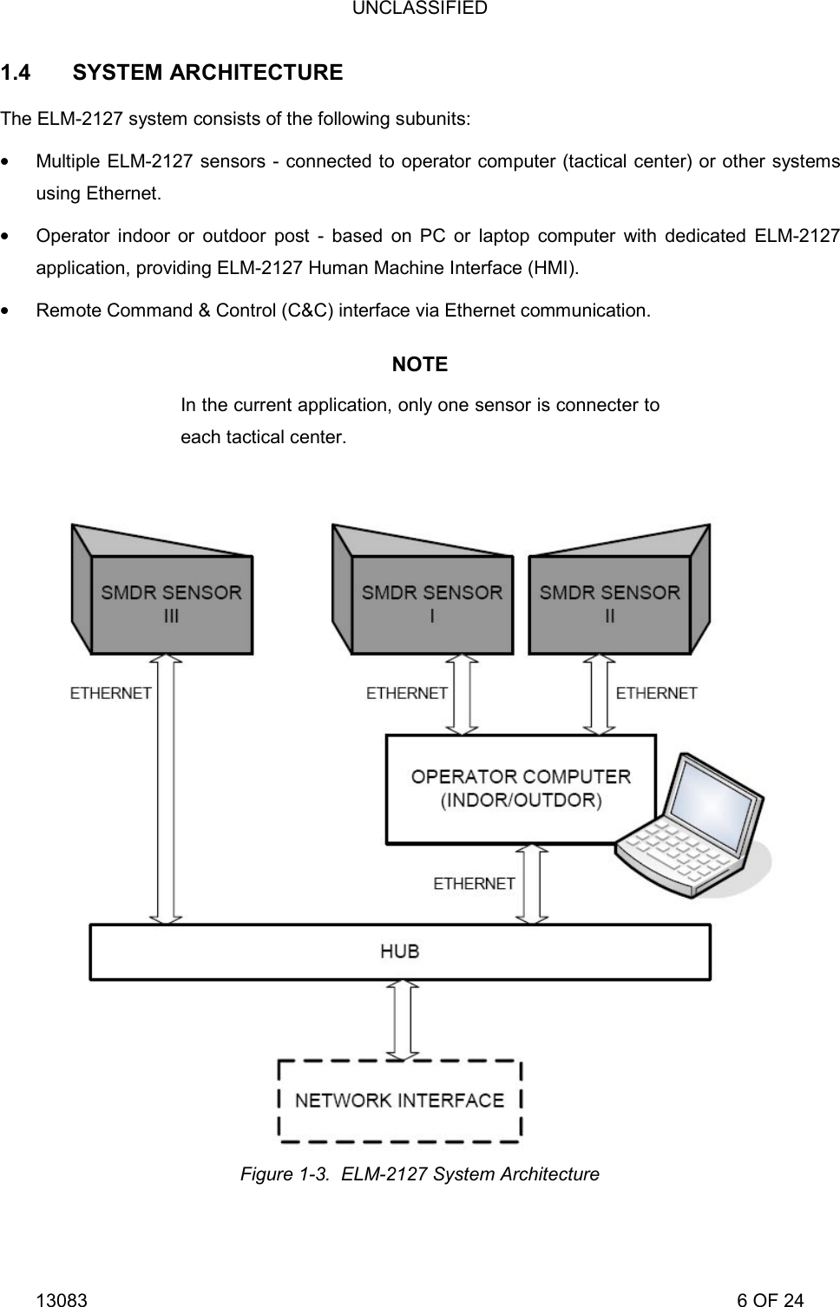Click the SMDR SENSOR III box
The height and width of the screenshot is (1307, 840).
click(x=171, y=604)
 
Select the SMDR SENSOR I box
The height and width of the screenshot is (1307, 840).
click(x=431, y=604)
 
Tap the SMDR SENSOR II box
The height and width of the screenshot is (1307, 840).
click(x=609, y=604)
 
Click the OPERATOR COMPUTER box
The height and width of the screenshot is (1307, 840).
click(x=520, y=788)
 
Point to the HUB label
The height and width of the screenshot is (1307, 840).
click(x=400, y=951)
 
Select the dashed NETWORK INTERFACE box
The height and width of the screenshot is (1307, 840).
click(x=399, y=1100)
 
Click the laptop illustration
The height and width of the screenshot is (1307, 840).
click(x=690, y=828)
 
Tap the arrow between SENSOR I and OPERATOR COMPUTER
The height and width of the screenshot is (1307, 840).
click(x=462, y=694)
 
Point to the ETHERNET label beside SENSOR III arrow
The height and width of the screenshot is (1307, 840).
click(x=110, y=693)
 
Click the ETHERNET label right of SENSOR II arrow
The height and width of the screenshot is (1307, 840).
click(x=657, y=693)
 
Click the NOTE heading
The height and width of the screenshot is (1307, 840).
click(x=420, y=364)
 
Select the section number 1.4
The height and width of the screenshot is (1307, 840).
click(x=16, y=73)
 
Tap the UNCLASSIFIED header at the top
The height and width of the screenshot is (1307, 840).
click(x=420, y=9)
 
